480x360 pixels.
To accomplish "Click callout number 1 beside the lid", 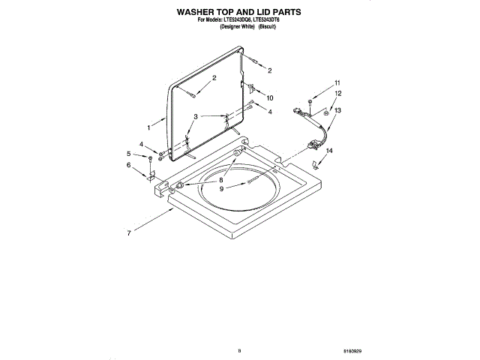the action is coord(148,127).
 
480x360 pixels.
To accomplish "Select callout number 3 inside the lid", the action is coord(196,116).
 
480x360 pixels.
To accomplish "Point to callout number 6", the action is coord(128,165).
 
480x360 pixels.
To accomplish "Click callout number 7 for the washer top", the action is coord(129,233).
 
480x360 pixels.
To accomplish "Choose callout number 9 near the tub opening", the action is coord(221,188).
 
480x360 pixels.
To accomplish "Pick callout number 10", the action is coord(270,97).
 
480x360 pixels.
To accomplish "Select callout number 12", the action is coord(337,93).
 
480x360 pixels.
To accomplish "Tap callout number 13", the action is coord(337,110).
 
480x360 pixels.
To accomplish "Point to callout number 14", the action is coord(328,151).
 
